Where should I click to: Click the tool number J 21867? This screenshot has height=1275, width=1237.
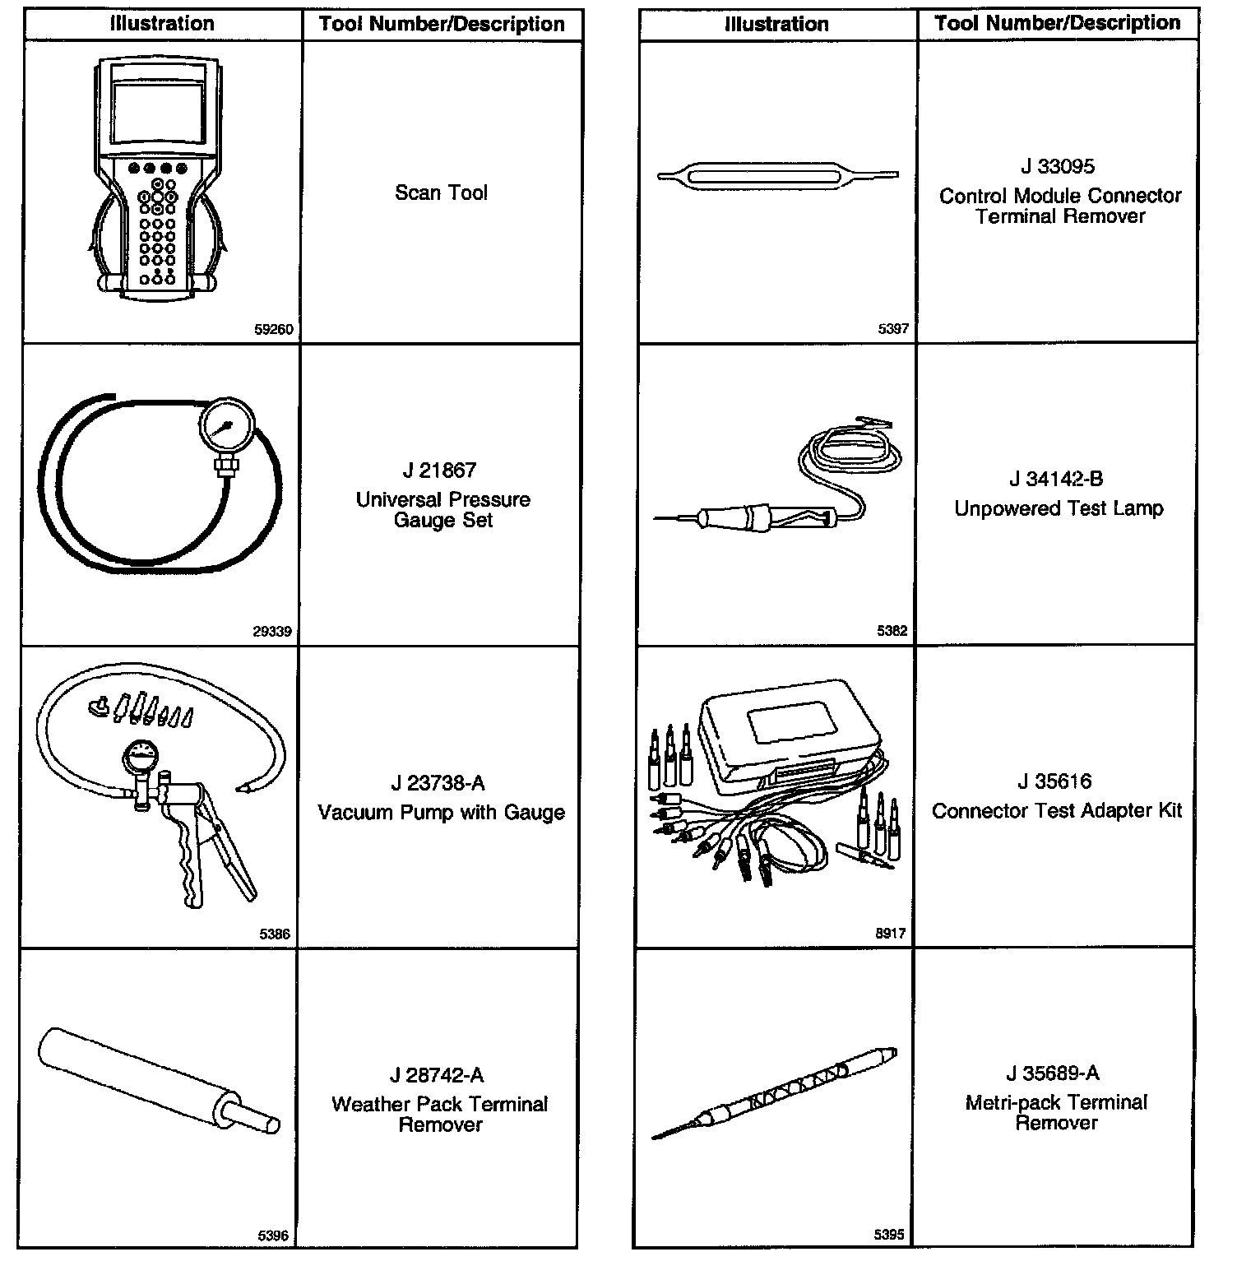tap(439, 471)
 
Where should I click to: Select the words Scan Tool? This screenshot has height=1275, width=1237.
tap(441, 192)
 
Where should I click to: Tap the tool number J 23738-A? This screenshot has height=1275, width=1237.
tap(438, 783)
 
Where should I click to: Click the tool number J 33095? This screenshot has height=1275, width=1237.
tap(1058, 167)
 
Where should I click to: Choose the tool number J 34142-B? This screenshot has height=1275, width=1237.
tap(1056, 480)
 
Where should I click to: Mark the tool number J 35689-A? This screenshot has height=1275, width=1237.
tap(1053, 1073)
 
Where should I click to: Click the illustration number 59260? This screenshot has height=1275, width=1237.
tap(273, 330)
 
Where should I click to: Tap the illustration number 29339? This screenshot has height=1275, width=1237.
tap(272, 632)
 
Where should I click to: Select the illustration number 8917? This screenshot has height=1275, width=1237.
tap(891, 934)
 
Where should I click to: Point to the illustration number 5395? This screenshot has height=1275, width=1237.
tap(889, 1235)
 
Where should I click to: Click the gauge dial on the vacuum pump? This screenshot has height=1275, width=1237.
tap(144, 756)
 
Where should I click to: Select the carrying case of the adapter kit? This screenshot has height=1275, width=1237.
tap(789, 732)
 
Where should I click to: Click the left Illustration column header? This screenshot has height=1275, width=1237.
tap(162, 24)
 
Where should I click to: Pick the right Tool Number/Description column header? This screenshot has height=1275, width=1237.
tap(1058, 23)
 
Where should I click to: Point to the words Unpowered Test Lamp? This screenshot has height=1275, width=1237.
tap(1059, 509)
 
